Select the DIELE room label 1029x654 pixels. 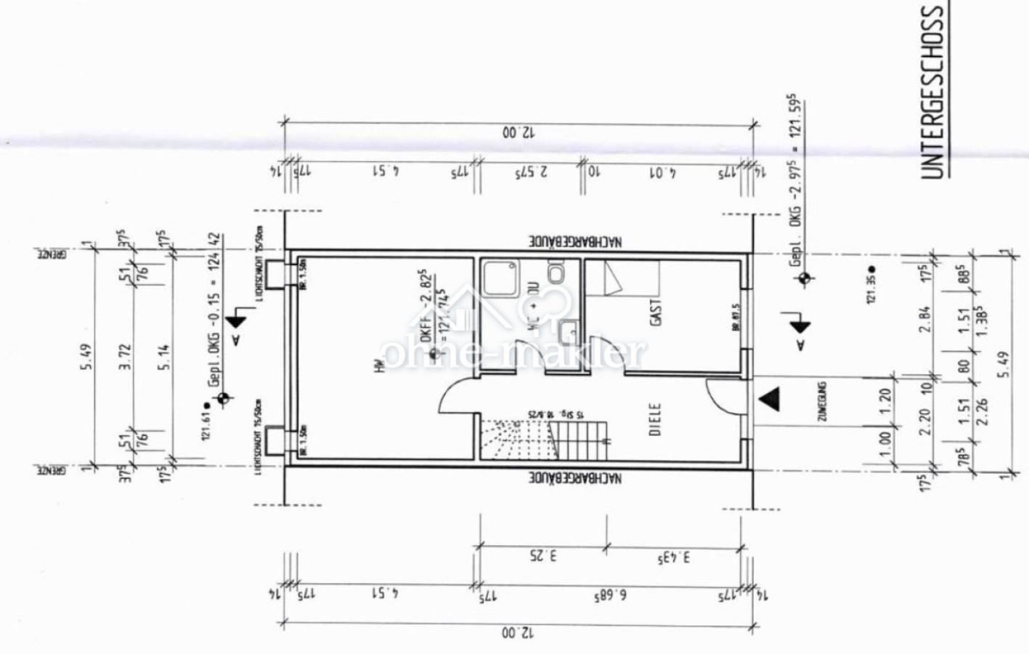654,420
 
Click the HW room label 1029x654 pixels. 378,369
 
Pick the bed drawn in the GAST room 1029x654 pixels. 623,280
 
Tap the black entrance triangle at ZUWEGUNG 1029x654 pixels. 769,399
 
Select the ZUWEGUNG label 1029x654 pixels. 823,401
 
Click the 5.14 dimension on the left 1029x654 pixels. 166,356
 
